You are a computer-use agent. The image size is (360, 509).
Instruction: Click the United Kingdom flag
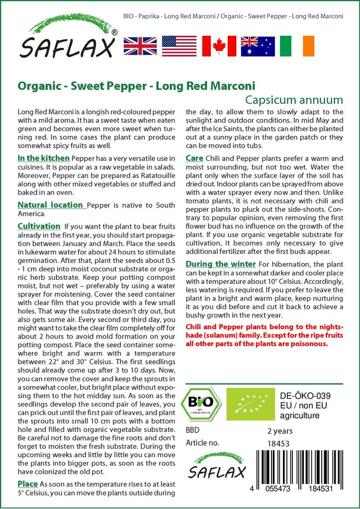[x=140, y=46]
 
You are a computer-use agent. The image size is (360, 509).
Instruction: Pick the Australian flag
[x=258, y=46]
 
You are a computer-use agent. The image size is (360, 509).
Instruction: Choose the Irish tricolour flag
[x=297, y=46]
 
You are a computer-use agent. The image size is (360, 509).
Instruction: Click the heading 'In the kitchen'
[x=43, y=158]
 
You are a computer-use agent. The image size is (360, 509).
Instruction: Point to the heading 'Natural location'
[x=50, y=205]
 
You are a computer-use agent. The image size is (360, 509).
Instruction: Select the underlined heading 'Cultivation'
[x=39, y=226]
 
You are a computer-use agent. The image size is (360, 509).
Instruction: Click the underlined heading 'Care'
[x=194, y=158]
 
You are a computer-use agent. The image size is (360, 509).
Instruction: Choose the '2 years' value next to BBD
[x=280, y=431]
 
